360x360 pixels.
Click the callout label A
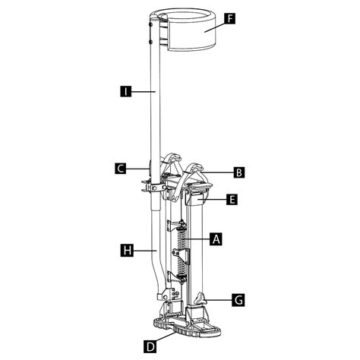pos(216,238)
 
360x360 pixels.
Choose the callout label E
pos(232,200)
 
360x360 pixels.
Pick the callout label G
pos(238,301)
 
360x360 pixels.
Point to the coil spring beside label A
pos(183,251)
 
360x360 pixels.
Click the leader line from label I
pos(144,91)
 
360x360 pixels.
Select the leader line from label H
pos(144,248)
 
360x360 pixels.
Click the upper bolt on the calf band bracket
pos(150,23)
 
